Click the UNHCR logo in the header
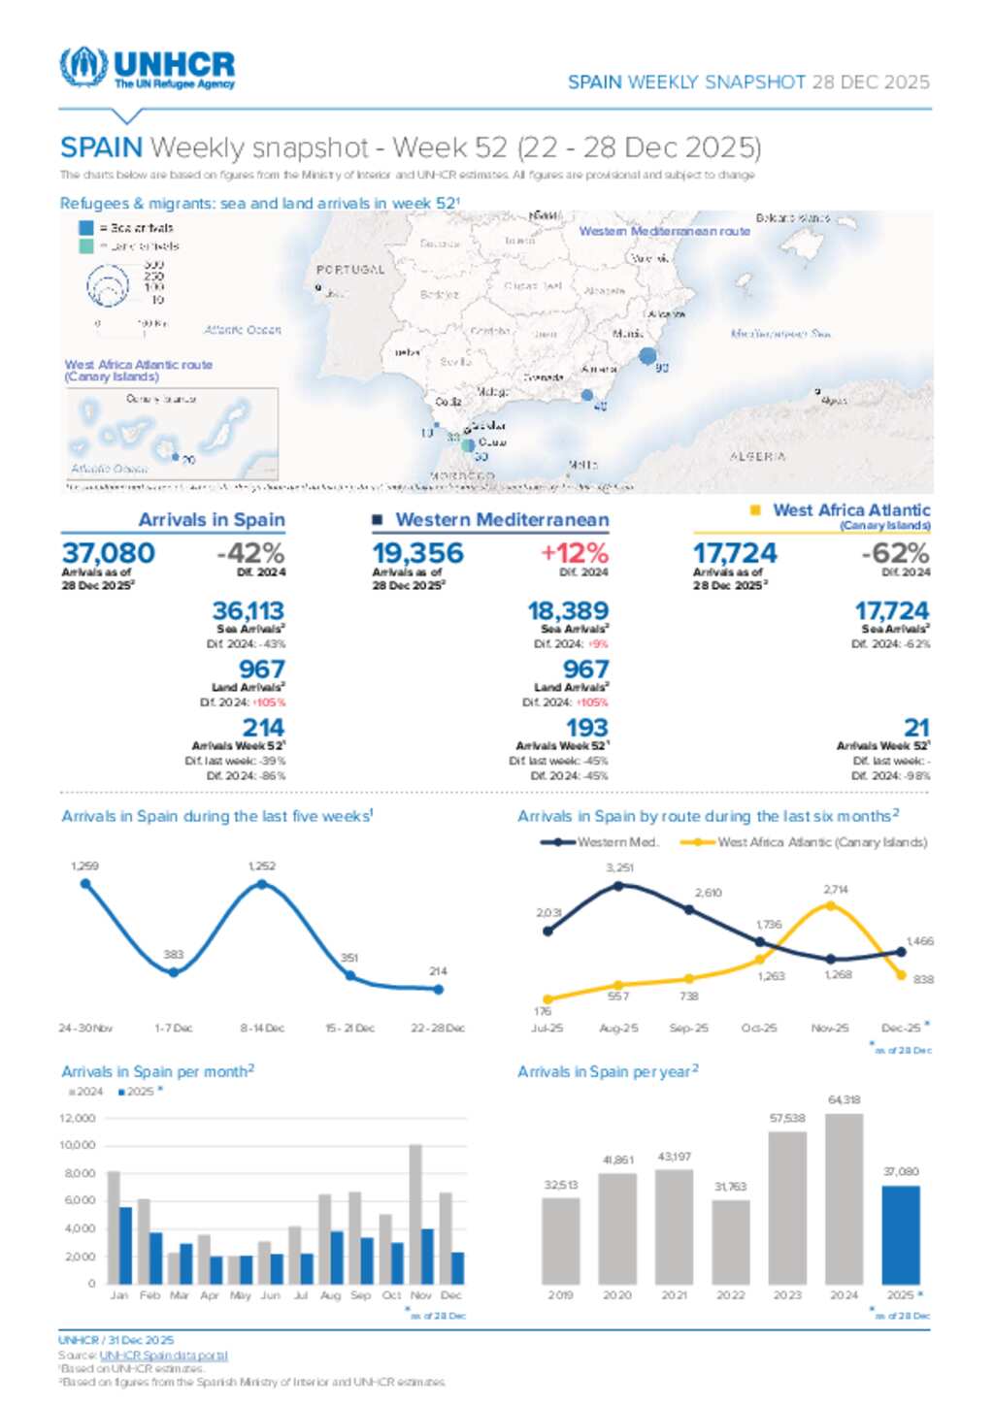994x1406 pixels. pyautogui.click(x=148, y=68)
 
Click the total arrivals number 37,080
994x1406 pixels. pyautogui.click(x=109, y=553)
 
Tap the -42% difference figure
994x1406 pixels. pyautogui.click(x=250, y=553)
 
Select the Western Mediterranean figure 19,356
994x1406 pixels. pyautogui.click(x=418, y=553)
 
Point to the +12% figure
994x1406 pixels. pyautogui.click(x=575, y=553)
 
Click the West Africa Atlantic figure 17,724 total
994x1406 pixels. pyautogui.click(x=735, y=553)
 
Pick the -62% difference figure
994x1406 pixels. pyautogui.click(x=895, y=553)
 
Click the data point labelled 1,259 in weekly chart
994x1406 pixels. pyautogui.click(x=85, y=884)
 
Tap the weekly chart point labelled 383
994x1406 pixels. pyautogui.click(x=174, y=971)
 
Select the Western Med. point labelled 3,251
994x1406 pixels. pyautogui.click(x=619, y=885)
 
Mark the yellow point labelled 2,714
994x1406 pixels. pyautogui.click(x=830, y=906)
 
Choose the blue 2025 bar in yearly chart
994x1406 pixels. pyautogui.click(x=900, y=1234)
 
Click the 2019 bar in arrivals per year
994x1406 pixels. pyautogui.click(x=560, y=1240)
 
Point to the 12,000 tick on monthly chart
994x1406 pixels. pyautogui.click(x=78, y=1118)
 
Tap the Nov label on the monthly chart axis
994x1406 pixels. pyautogui.click(x=421, y=1295)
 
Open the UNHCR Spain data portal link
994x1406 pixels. pyautogui.click(x=163, y=1356)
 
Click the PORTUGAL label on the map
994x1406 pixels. pyautogui.click(x=349, y=269)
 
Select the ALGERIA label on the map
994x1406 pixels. pyautogui.click(x=757, y=456)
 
